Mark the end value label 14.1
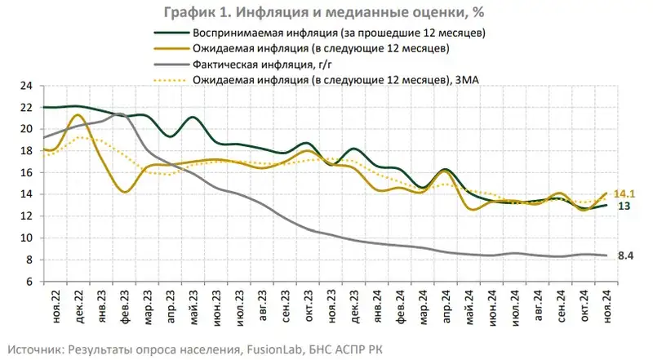tap(624, 193)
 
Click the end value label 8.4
tap(625, 256)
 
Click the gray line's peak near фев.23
tap(119, 114)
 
